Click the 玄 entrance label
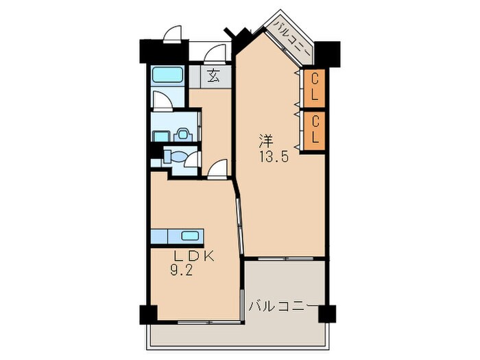coord(213,76)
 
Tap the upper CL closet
coord(314,88)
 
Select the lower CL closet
coord(314,131)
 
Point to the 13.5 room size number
coord(274,157)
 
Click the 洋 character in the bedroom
coord(266,141)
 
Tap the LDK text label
coord(194,256)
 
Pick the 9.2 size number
coord(181,271)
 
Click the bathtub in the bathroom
coord(167,75)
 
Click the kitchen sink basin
coord(190,236)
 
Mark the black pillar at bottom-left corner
coord(149,314)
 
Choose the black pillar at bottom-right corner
coord(327,314)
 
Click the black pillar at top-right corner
coord(327,54)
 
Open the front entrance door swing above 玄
coord(215,54)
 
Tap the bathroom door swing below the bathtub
coord(163,100)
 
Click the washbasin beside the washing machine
coord(161,136)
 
